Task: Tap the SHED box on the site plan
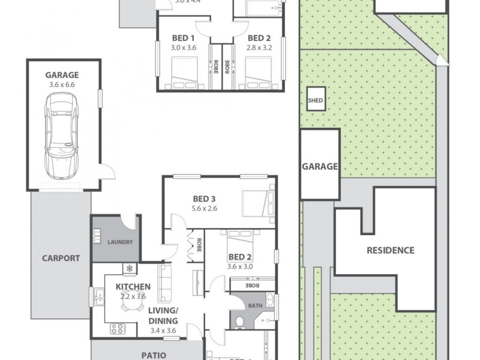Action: coord(315,100)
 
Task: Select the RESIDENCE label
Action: coord(390,250)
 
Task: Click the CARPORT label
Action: coord(61,259)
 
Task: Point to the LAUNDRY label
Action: coord(115,243)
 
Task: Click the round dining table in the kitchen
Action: coord(128,306)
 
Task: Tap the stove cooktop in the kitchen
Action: coord(117,328)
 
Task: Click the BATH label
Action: coord(256,305)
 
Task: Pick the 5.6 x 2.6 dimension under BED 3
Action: coord(205,209)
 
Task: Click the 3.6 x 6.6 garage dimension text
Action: coord(62,85)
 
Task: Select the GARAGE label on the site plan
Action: coord(319,167)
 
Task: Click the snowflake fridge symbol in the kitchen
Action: coord(128,268)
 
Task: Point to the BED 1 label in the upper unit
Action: coord(183,38)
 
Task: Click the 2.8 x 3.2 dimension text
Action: coord(260,48)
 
